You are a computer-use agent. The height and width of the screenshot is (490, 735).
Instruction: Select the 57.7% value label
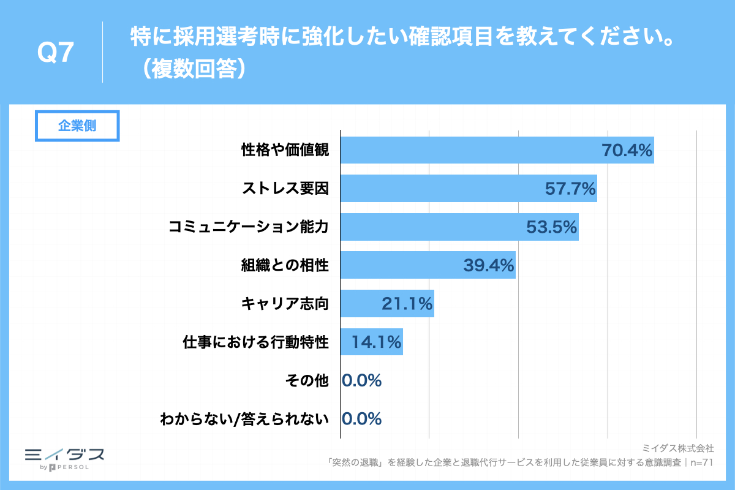(x=570, y=189)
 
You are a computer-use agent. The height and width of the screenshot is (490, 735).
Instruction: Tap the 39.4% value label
(x=488, y=266)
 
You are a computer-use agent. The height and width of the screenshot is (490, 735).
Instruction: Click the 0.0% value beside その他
(x=362, y=380)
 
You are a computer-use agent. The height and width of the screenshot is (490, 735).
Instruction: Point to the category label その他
(x=307, y=381)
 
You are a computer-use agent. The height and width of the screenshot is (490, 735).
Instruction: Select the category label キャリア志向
(x=285, y=304)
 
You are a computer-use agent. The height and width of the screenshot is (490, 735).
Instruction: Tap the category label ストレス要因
(x=285, y=189)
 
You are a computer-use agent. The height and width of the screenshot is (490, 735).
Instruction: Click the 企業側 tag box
(x=77, y=126)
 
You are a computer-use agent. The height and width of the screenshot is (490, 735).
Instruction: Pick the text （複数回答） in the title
(x=193, y=69)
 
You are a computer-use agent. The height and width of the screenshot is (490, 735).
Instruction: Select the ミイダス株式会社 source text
(x=677, y=449)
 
